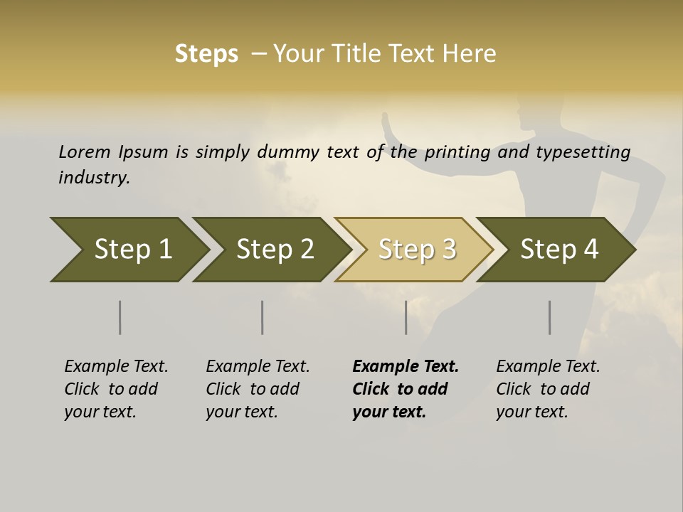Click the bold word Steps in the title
coord(206,54)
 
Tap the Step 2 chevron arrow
coord(274,250)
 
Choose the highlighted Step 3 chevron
coord(416,250)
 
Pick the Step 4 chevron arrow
coord(558,250)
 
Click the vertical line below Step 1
coord(120,317)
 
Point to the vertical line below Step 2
coord(263,317)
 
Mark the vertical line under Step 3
coord(406,317)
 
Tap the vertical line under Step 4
coord(550,317)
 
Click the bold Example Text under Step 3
coord(406,367)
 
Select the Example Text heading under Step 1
coord(116,367)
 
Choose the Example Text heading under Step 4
coord(548,367)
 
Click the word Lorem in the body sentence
coord(85,152)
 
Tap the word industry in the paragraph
coord(94,177)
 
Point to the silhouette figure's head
coord(532,112)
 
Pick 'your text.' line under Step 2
coord(241,412)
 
